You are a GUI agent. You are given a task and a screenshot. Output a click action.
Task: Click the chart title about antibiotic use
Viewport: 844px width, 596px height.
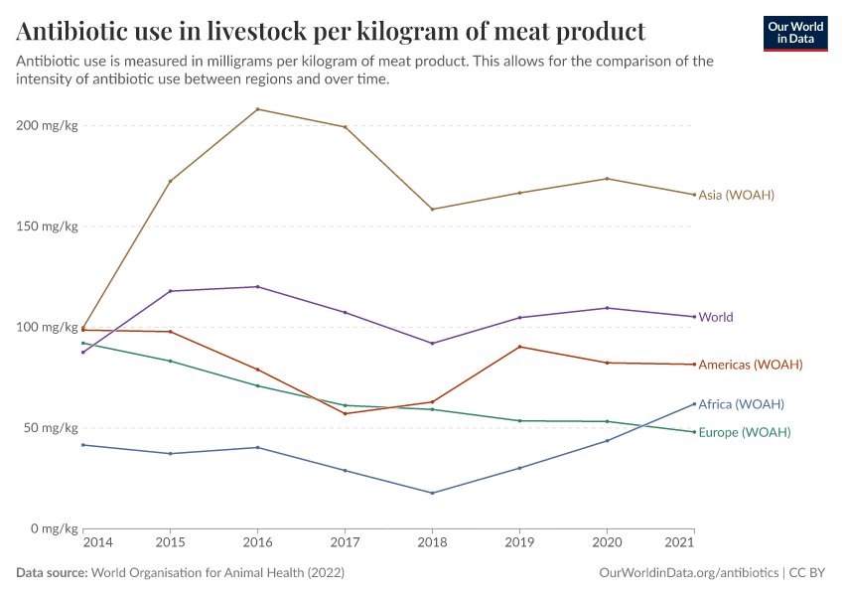(331, 31)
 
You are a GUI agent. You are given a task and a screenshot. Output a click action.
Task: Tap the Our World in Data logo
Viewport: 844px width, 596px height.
(794, 33)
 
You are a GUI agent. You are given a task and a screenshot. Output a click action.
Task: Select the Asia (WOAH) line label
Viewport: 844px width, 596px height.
(736, 195)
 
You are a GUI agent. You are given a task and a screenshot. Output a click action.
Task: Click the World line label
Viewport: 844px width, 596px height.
(716, 317)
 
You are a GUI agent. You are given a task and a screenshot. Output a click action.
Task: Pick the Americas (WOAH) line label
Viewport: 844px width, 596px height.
(750, 365)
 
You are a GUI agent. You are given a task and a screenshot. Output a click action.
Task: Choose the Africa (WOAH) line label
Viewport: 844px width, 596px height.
(741, 404)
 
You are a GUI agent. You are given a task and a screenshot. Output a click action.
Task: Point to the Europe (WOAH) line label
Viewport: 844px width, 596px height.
(745, 433)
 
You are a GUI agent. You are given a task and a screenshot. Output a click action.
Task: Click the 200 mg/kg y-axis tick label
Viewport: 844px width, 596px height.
(47, 126)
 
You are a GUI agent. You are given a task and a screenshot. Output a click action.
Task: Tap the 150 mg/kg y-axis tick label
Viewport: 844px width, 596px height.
(47, 226)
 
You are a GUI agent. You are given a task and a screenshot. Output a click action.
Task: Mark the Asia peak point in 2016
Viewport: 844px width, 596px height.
(258, 109)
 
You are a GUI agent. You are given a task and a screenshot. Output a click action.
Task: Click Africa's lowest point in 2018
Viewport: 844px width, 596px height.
(432, 493)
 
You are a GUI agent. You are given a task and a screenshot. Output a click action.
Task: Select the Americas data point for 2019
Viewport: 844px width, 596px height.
(519, 347)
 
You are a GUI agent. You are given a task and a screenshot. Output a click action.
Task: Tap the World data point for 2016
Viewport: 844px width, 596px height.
(258, 287)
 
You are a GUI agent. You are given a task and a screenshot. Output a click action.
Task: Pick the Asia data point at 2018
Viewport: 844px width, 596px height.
(432, 210)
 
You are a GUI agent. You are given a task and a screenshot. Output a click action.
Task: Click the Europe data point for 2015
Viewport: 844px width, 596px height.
(171, 361)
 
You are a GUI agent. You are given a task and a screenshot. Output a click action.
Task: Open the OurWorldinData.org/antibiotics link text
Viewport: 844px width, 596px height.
(689, 573)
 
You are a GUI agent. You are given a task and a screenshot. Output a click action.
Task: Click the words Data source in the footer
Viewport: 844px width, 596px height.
(52, 573)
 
